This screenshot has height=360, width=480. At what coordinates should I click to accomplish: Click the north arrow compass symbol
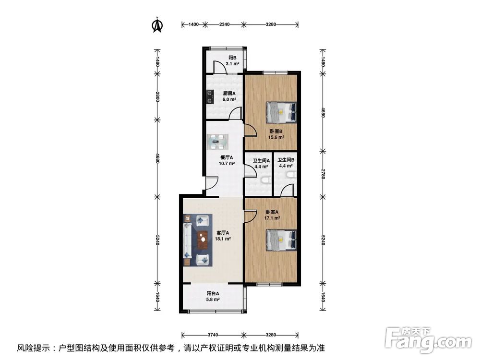(157, 25)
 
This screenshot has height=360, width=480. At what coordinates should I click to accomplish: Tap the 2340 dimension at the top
(224, 24)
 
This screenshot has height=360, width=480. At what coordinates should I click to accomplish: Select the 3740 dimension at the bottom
(213, 335)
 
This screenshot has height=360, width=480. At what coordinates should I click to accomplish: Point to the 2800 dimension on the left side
(157, 97)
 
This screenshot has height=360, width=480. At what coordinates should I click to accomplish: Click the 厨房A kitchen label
(229, 94)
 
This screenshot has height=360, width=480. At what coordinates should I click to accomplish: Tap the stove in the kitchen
(210, 97)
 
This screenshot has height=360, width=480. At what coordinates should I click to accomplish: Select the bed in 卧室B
(281, 112)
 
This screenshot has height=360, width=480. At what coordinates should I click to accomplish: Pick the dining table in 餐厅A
(217, 142)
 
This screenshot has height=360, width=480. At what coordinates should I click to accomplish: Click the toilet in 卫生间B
(291, 175)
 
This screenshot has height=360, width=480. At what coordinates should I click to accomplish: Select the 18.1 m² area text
(223, 239)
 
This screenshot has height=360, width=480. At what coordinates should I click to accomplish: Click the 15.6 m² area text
(276, 137)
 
